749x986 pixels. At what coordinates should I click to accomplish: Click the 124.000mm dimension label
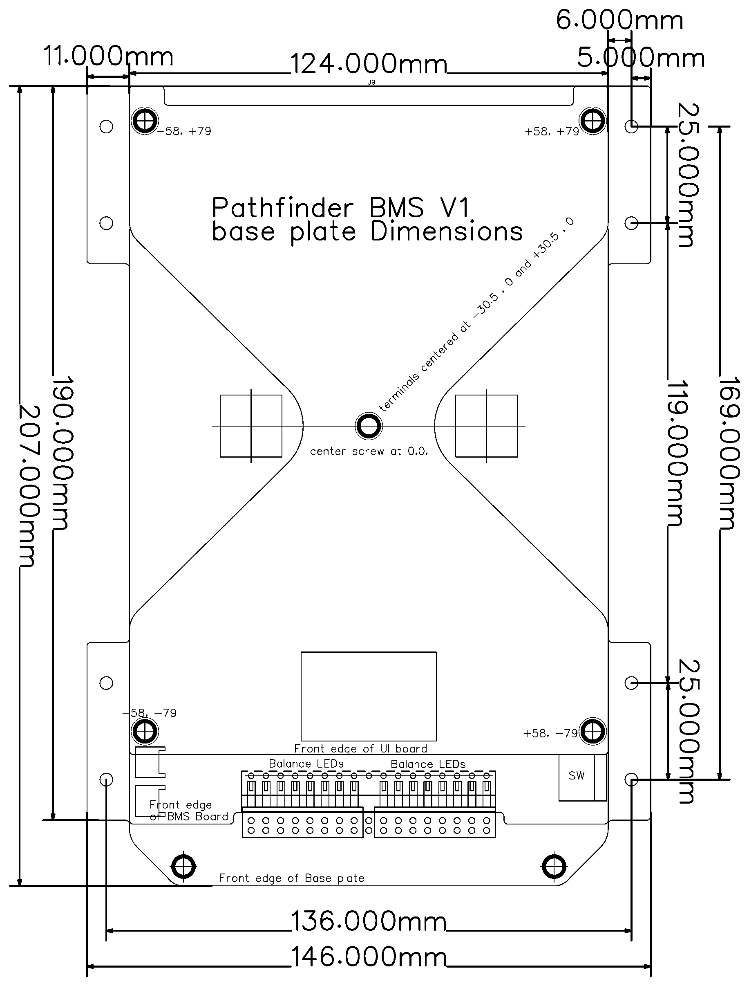(369, 64)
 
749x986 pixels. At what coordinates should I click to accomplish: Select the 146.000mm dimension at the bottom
(369, 957)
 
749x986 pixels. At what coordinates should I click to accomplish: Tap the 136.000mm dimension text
(369, 922)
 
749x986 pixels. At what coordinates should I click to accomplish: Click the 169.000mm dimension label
(729, 453)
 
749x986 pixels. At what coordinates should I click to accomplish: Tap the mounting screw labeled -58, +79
(145, 121)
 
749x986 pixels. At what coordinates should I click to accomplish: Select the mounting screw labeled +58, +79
(592, 121)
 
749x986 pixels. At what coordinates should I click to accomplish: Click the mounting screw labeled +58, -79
(592, 732)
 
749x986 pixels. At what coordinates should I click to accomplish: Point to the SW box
(577, 776)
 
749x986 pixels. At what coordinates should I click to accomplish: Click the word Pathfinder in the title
(283, 208)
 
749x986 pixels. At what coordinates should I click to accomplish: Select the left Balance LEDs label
(306, 764)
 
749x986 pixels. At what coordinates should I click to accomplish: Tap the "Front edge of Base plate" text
(292, 878)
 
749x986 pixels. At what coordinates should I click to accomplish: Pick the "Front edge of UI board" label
(361, 749)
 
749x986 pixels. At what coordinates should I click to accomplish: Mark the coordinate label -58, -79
(150, 713)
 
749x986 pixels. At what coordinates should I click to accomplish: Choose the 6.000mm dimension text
(619, 20)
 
